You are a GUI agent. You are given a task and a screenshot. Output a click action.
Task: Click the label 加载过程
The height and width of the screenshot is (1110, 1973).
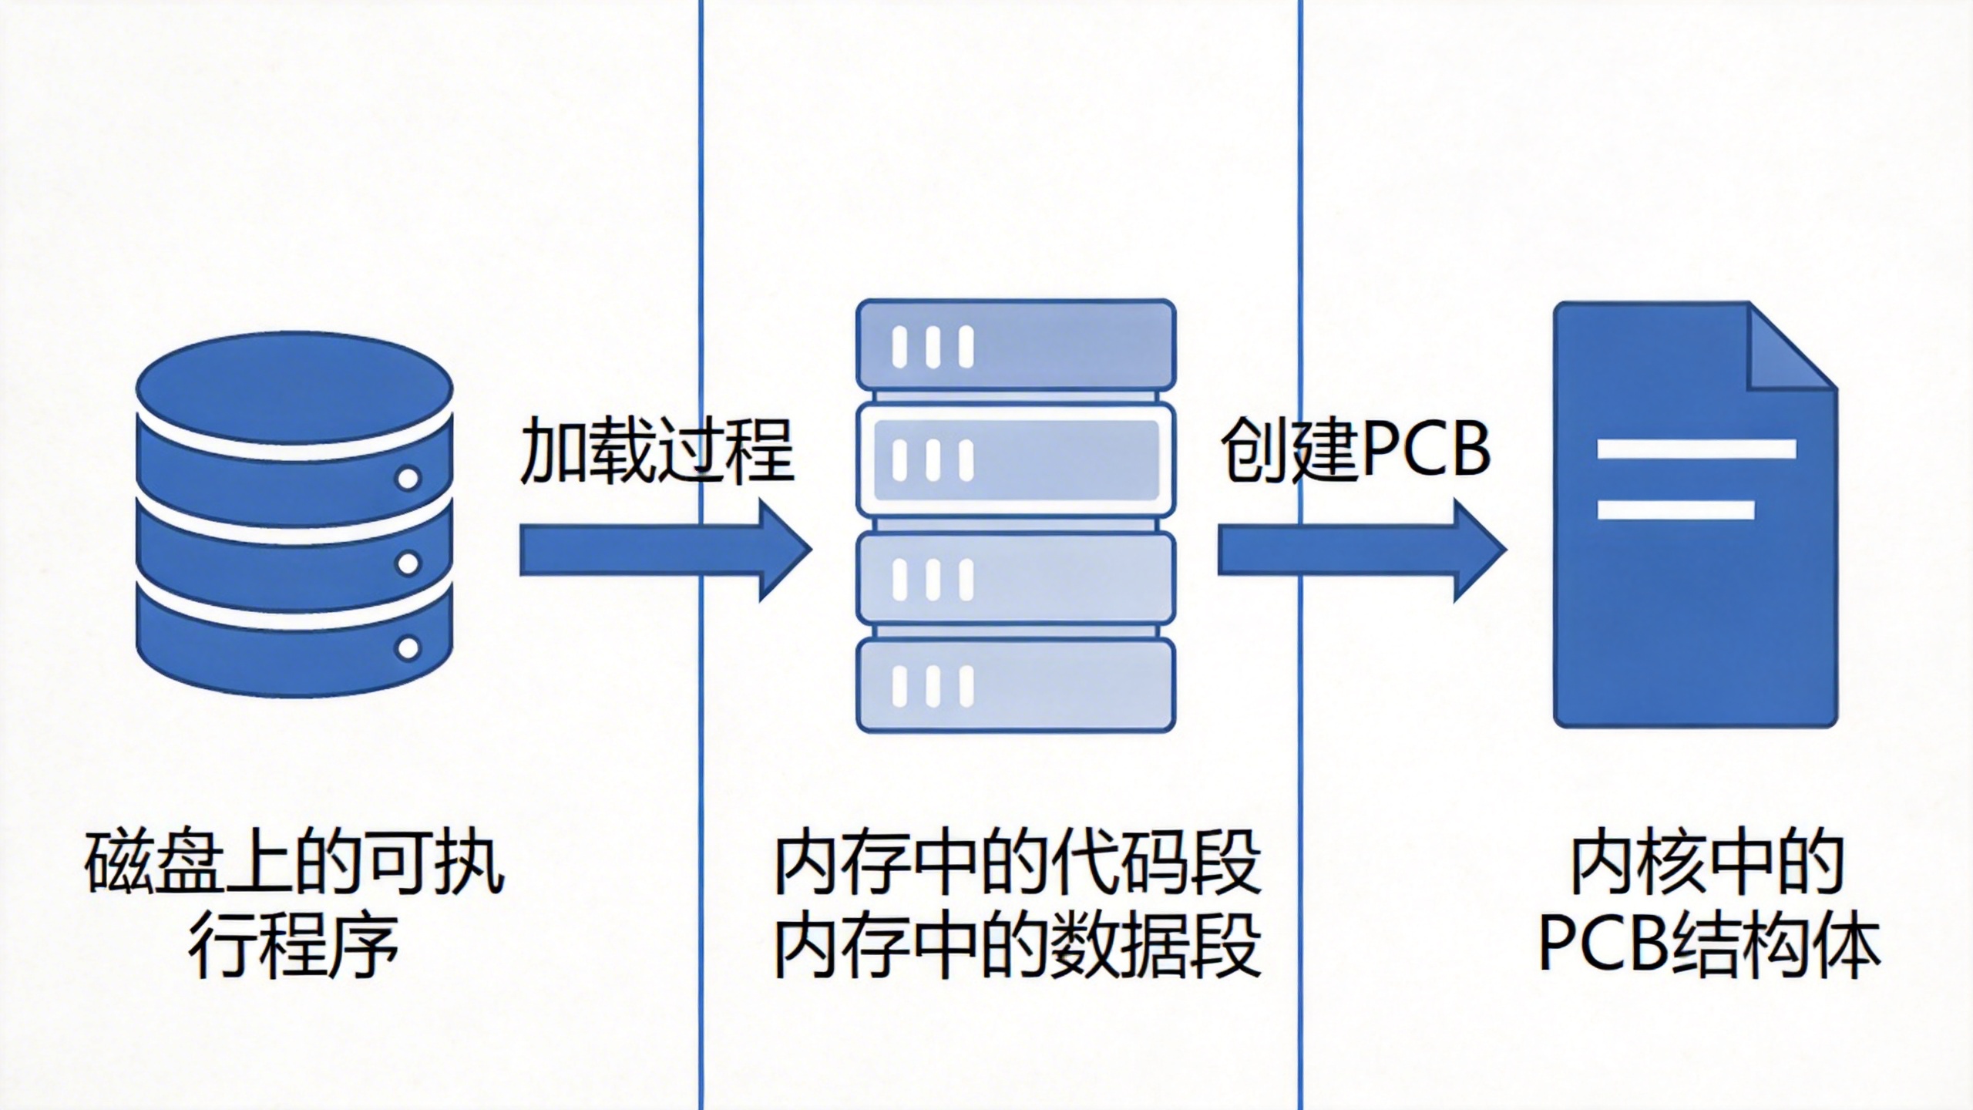click(x=657, y=452)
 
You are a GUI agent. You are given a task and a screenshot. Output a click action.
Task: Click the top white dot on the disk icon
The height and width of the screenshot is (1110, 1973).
click(x=408, y=478)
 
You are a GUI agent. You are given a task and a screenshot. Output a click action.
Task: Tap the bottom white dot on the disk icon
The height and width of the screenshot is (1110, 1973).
click(x=408, y=647)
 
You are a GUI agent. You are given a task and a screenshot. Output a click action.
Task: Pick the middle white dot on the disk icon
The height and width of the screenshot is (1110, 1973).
click(x=408, y=563)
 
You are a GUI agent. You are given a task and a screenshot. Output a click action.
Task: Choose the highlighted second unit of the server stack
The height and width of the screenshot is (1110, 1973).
click(x=1016, y=460)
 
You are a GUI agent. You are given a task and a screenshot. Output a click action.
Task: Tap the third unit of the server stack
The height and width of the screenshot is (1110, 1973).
click(x=1016, y=577)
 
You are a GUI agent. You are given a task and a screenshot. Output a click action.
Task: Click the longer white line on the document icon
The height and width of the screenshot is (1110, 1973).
click(x=1696, y=449)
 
